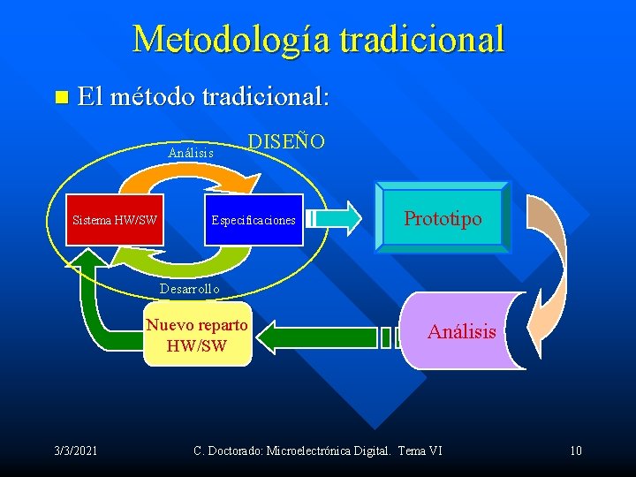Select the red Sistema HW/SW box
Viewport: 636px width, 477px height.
(115, 219)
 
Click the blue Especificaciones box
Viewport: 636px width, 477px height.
(253, 219)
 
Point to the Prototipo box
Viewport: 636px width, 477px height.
(443, 218)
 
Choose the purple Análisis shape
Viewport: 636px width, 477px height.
(462, 331)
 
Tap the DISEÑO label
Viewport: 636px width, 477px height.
(286, 141)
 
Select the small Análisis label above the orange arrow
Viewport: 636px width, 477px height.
(191, 153)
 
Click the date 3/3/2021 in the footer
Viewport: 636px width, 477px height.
(76, 451)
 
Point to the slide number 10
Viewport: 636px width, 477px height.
(575, 451)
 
